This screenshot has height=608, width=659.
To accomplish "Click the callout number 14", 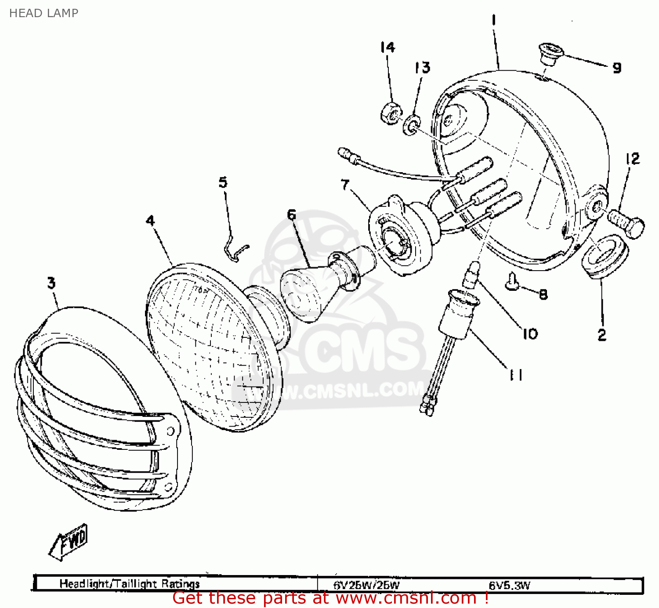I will (387, 47).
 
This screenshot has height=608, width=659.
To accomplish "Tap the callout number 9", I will (617, 68).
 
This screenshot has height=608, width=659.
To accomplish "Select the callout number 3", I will (51, 283).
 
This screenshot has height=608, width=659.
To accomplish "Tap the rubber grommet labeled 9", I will (551, 53).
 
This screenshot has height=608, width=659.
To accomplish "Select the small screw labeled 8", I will (512, 282).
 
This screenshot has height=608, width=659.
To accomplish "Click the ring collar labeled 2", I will (605, 257).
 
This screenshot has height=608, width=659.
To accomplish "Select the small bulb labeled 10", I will (471, 275).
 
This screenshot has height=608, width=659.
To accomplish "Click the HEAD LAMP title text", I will (43, 13).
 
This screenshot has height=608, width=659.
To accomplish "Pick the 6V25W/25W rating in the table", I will (366, 585).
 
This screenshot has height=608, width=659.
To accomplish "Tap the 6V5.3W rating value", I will (510, 585).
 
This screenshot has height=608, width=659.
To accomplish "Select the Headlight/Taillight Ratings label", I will (130, 584).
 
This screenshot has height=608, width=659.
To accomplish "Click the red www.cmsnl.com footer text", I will (330, 598).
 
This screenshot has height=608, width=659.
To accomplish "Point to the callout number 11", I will (516, 375).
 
